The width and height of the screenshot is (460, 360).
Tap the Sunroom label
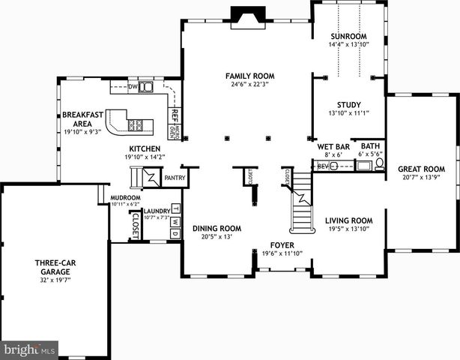(348, 36)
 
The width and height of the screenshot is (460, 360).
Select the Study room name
(349, 105)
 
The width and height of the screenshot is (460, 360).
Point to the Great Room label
(421, 169)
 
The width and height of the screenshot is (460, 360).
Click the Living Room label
(348, 220)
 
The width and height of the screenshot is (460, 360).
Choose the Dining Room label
(217, 228)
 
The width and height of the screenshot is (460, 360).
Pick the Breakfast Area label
(77, 119)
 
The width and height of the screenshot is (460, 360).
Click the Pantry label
(175, 178)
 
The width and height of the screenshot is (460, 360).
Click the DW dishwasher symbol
(133, 87)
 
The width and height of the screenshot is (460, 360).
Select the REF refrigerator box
(173, 115)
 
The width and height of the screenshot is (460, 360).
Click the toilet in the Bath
(379, 163)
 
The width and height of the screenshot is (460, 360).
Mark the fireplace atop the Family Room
(243, 15)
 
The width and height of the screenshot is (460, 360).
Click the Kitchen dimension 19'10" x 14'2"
(144, 157)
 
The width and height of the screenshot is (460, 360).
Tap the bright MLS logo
(30, 349)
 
